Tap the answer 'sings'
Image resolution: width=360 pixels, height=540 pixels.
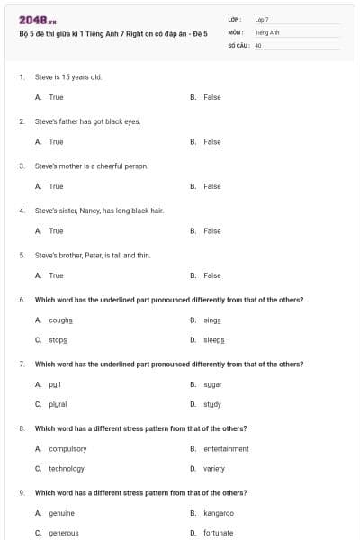tap(212, 319)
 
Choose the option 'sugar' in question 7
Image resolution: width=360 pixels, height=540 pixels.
tap(212, 383)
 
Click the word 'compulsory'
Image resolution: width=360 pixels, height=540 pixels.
tap(67, 448)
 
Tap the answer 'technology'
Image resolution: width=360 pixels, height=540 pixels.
tap(67, 468)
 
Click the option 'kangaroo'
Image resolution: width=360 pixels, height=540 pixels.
tap(219, 513)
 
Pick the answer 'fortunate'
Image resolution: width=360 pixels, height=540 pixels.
tap(219, 533)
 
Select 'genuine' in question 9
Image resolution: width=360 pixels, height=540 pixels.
tap(62, 513)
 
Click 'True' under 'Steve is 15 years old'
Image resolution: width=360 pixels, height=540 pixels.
tap(56, 97)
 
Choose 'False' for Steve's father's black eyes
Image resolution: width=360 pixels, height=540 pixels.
tap(212, 142)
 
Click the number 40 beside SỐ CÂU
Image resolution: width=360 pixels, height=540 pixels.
tap(258, 44)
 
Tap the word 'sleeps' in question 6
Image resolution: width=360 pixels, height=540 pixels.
tap(214, 340)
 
